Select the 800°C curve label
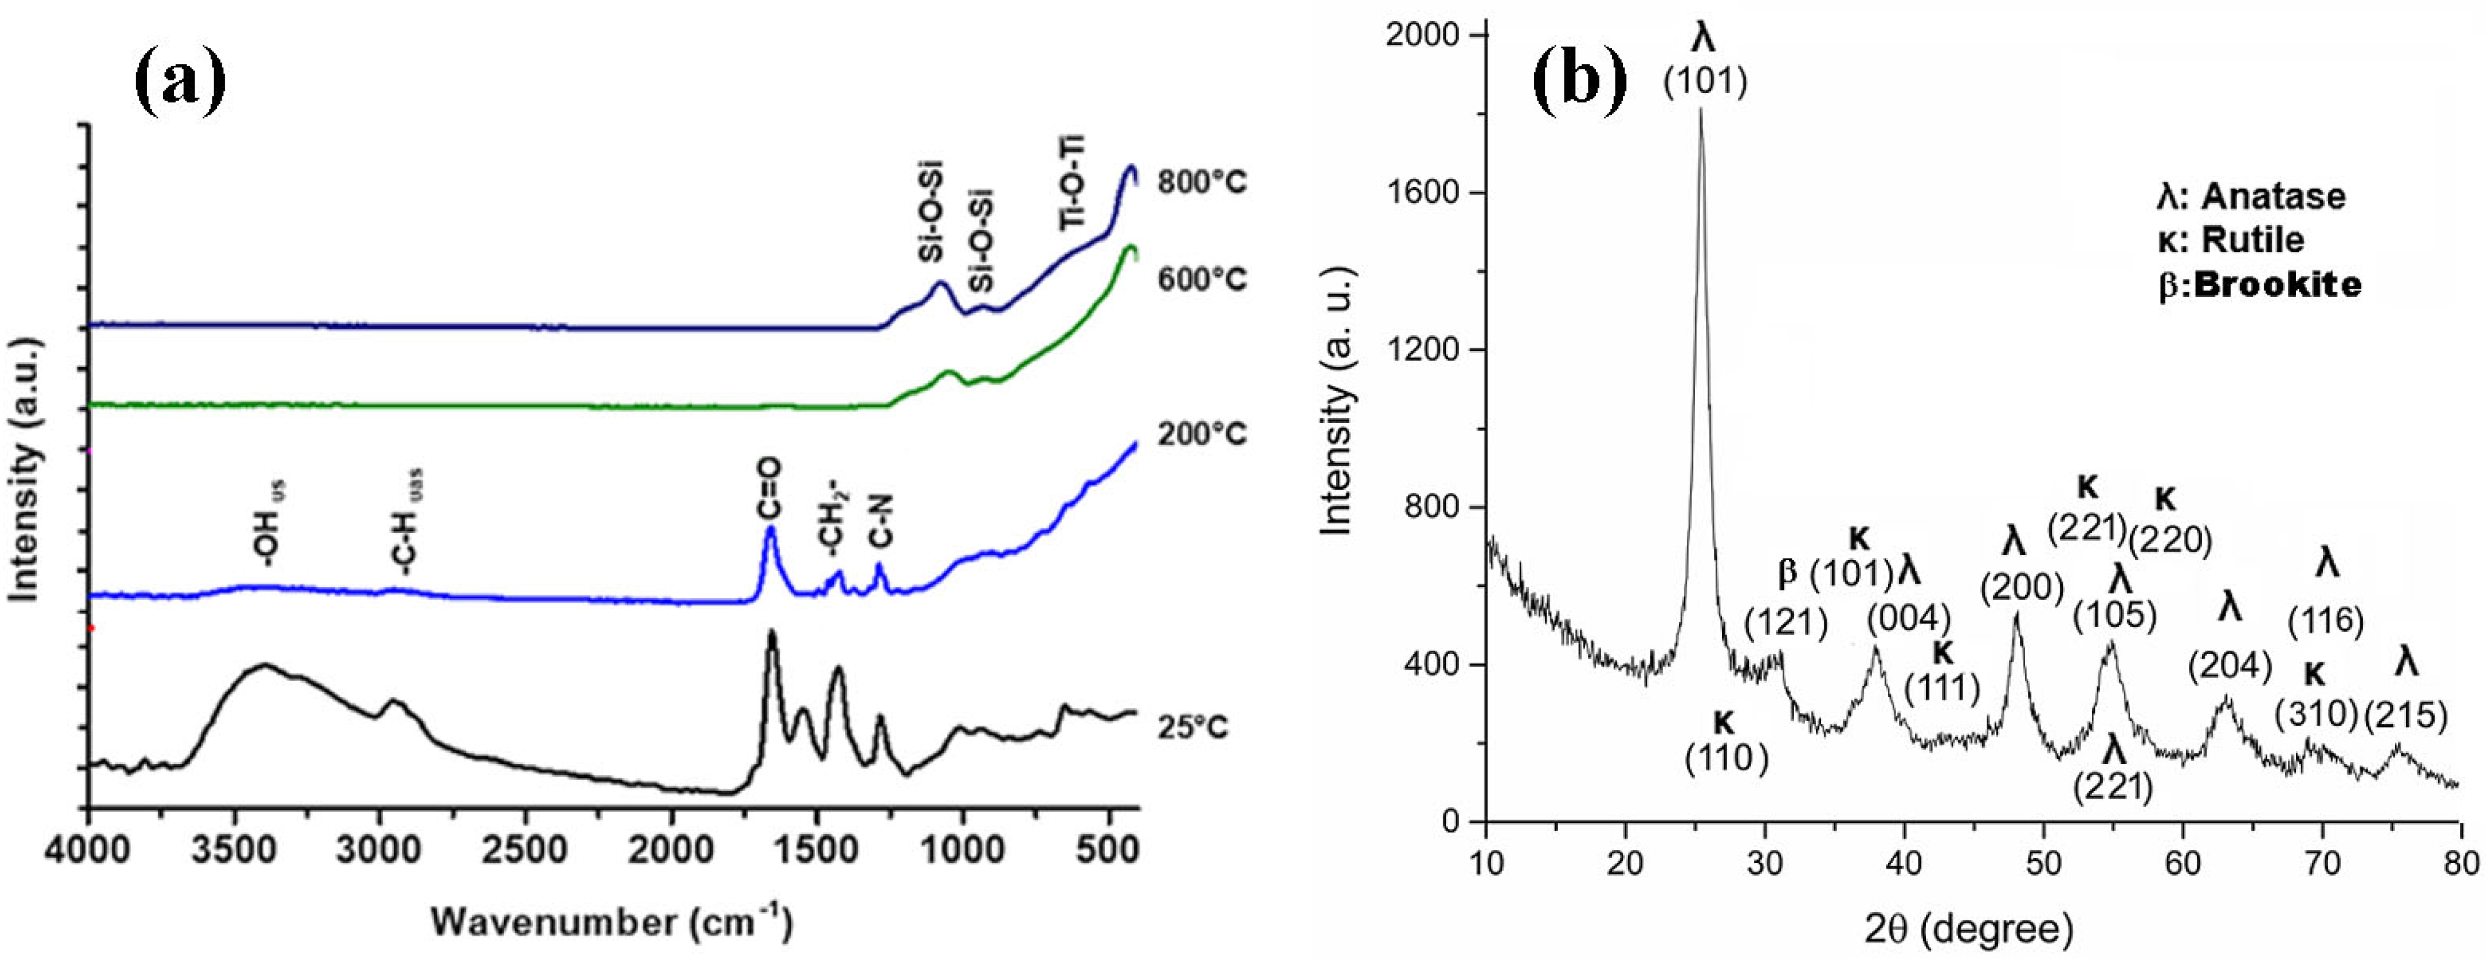tap(1202, 181)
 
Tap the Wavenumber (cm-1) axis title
tap(612, 922)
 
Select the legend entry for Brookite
tap(2259, 285)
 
